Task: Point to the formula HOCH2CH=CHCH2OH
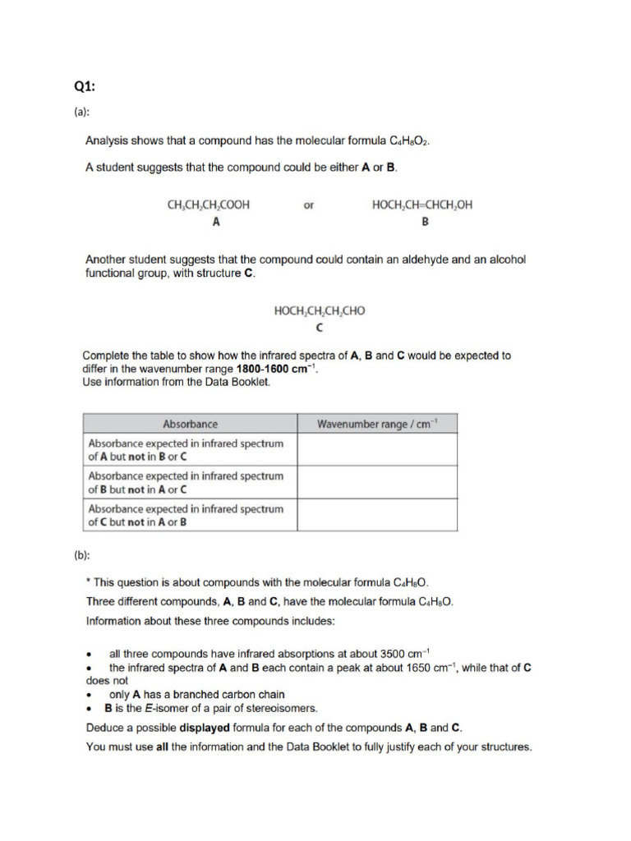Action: tap(422, 206)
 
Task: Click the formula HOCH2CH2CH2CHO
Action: tap(319, 311)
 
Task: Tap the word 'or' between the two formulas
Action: tap(309, 206)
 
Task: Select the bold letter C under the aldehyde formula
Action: tap(319, 328)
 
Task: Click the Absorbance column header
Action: tap(191, 424)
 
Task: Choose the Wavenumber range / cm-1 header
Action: tap(377, 424)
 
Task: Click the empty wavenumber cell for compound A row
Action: tap(377, 449)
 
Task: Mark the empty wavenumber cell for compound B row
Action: tap(377, 482)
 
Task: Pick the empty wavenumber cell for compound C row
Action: tap(377, 515)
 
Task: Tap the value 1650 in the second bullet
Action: tap(421, 668)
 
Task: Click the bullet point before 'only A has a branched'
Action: tap(89, 695)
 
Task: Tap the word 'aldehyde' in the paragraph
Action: tap(398, 260)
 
